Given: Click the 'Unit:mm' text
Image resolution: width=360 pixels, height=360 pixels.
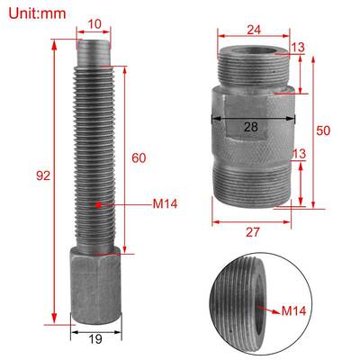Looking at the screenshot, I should [39, 14].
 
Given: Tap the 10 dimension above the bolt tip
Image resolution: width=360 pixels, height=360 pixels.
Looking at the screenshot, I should [94, 24].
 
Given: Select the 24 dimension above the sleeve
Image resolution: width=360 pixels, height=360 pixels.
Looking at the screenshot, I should [254, 30].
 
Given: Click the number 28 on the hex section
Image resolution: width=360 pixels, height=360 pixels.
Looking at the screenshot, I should [250, 127].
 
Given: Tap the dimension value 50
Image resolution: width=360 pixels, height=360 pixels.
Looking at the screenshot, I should [324, 130].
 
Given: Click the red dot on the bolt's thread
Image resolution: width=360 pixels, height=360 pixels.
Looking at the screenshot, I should [95, 205].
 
